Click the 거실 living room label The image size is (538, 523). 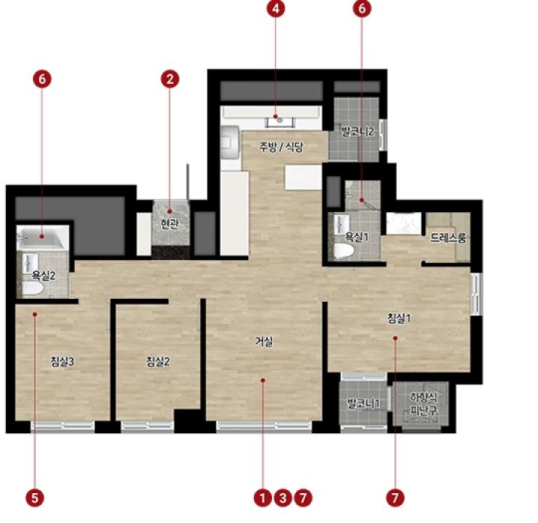tap(264, 341)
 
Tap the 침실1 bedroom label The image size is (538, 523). tap(399, 318)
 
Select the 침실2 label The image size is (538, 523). tap(158, 362)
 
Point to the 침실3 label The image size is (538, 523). tap(62, 362)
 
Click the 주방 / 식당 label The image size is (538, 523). tap(281, 147)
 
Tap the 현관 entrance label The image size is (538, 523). tap(170, 224)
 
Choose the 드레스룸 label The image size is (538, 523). tap(448, 238)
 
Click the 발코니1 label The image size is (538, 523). tap(363, 403)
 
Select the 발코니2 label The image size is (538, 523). tap(357, 131)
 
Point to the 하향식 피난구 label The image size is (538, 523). tap(424, 404)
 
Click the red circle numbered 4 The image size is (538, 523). tap(276, 8)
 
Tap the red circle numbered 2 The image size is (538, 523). tap(170, 79)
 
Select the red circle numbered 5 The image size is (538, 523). tap(35, 498)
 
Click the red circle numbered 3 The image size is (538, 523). tap(282, 498)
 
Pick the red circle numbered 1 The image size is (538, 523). tap(263, 498)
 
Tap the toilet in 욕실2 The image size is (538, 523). tap(33, 288)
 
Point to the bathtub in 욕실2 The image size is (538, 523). tap(42, 237)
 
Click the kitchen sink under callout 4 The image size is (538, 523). tap(280, 121)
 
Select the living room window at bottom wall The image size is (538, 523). tap(264, 426)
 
